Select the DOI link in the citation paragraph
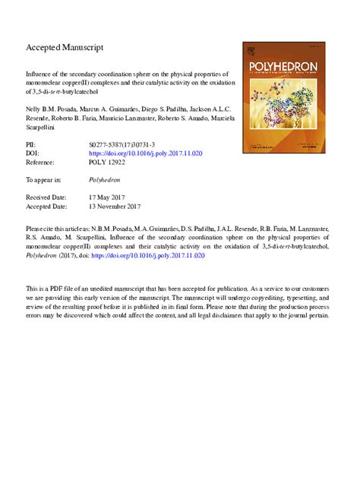156,256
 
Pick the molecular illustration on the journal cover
275,103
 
